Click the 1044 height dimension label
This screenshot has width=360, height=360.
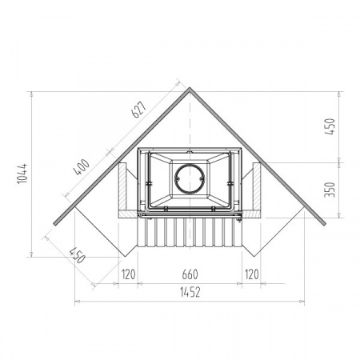click(22, 174)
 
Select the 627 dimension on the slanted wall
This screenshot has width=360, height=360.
click(139, 110)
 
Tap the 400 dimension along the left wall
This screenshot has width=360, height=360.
click(82, 167)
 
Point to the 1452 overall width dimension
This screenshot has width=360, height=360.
click(190, 293)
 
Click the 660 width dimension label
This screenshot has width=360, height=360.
click(190, 274)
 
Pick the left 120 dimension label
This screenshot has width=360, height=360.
click(128, 274)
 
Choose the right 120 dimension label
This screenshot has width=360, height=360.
click(251, 274)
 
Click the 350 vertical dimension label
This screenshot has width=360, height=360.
click(330, 190)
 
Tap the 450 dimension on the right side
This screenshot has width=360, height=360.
click(330, 126)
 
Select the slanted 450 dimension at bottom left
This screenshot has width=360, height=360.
click(78, 255)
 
